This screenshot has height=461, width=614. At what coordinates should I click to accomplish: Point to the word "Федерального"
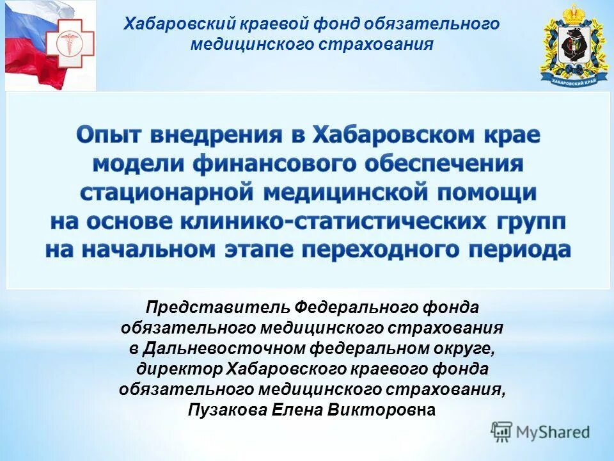pyautogui.click(x=356, y=307)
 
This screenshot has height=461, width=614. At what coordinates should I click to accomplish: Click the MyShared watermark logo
pyautogui.click(x=540, y=431)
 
